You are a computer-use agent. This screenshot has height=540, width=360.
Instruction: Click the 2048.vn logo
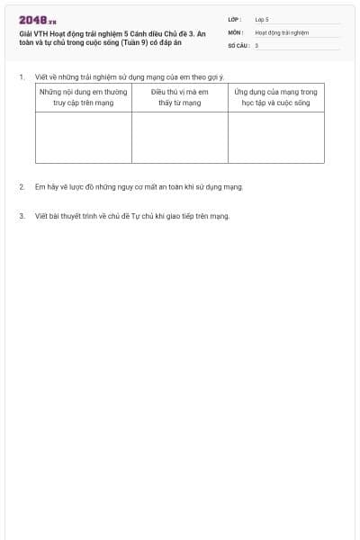coord(37,21)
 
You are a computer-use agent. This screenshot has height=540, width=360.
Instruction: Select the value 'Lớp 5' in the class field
coord(262,19)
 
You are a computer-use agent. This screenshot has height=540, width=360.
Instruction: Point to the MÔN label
coord(235,31)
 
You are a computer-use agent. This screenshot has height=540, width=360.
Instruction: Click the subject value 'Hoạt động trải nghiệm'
coord(282,31)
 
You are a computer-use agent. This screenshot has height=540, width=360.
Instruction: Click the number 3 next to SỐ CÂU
coord(256,45)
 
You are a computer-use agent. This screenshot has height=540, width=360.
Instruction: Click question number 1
coord(22,77)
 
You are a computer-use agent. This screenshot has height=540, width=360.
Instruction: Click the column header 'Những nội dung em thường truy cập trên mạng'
coord(84,97)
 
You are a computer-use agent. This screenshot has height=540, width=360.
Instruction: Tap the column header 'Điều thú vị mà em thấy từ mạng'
coord(180,97)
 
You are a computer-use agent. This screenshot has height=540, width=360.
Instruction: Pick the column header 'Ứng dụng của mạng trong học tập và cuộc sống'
coord(275,97)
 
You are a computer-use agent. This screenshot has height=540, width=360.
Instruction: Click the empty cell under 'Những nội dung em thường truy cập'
coord(84,137)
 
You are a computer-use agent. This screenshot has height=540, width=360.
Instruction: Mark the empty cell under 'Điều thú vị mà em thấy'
coord(180,137)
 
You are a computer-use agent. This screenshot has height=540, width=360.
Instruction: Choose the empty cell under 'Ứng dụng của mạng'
coord(275,137)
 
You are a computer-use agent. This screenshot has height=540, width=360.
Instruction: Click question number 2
coord(22,187)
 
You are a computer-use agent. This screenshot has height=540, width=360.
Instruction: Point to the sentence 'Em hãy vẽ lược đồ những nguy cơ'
coord(139,187)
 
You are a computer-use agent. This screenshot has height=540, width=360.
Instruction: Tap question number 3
coord(22,216)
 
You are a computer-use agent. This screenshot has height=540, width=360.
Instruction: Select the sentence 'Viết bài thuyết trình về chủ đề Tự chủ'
coord(132,216)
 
